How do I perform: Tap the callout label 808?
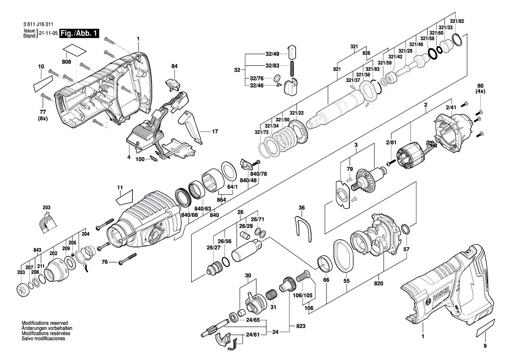coord(66,62)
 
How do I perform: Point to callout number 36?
coord(302,208)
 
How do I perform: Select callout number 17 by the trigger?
coord(214,131)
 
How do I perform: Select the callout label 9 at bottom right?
coord(486,346)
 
